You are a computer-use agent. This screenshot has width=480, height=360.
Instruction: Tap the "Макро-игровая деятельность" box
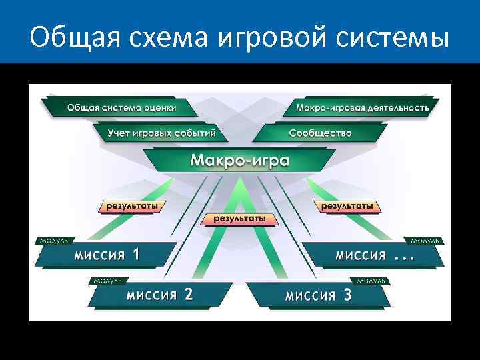(x=363, y=107)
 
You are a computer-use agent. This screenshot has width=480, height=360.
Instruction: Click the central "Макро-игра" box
(x=240, y=161)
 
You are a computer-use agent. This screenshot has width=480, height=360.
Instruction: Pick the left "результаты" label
(x=130, y=207)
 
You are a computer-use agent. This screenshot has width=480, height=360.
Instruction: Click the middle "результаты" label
(x=239, y=218)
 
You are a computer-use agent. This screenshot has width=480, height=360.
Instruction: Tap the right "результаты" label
(x=347, y=207)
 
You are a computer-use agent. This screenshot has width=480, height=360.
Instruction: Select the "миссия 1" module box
(x=107, y=255)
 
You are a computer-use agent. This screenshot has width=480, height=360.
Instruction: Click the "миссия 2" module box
(x=160, y=295)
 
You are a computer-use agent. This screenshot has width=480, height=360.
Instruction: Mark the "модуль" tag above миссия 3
(x=373, y=281)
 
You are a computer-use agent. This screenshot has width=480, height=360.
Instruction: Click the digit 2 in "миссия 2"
(x=188, y=295)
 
